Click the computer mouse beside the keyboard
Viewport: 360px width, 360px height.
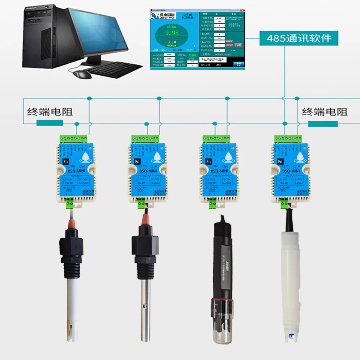[82, 74]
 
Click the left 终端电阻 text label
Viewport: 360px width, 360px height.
[50, 111]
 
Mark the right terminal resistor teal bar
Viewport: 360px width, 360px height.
[323, 123]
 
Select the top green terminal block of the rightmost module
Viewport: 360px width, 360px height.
[288, 138]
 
